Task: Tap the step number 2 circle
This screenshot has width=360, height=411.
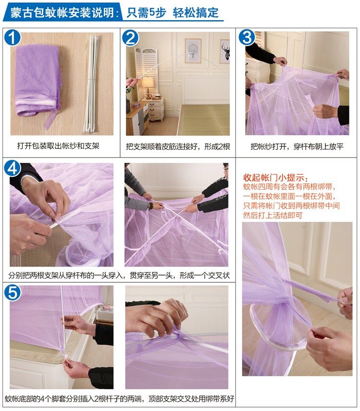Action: point(131,37)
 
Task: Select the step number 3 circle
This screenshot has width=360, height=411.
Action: point(247,37)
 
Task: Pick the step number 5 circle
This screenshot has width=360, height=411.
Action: point(12,292)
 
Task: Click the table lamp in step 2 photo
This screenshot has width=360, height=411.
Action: point(148,87)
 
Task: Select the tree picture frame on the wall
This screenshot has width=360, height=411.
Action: point(193,50)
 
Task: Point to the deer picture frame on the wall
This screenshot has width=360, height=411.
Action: point(225,51)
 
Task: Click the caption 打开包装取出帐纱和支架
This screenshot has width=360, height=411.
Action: point(58,146)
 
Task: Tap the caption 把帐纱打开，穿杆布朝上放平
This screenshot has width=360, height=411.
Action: point(297,146)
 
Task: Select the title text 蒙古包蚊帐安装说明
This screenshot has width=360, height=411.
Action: point(62,12)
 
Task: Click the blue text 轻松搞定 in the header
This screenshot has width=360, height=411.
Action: point(196,12)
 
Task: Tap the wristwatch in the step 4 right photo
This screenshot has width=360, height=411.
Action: point(151,206)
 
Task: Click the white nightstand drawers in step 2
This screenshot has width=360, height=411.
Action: point(155,109)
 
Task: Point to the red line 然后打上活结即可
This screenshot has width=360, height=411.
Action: point(273,216)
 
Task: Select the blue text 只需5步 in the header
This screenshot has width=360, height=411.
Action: point(146,12)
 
